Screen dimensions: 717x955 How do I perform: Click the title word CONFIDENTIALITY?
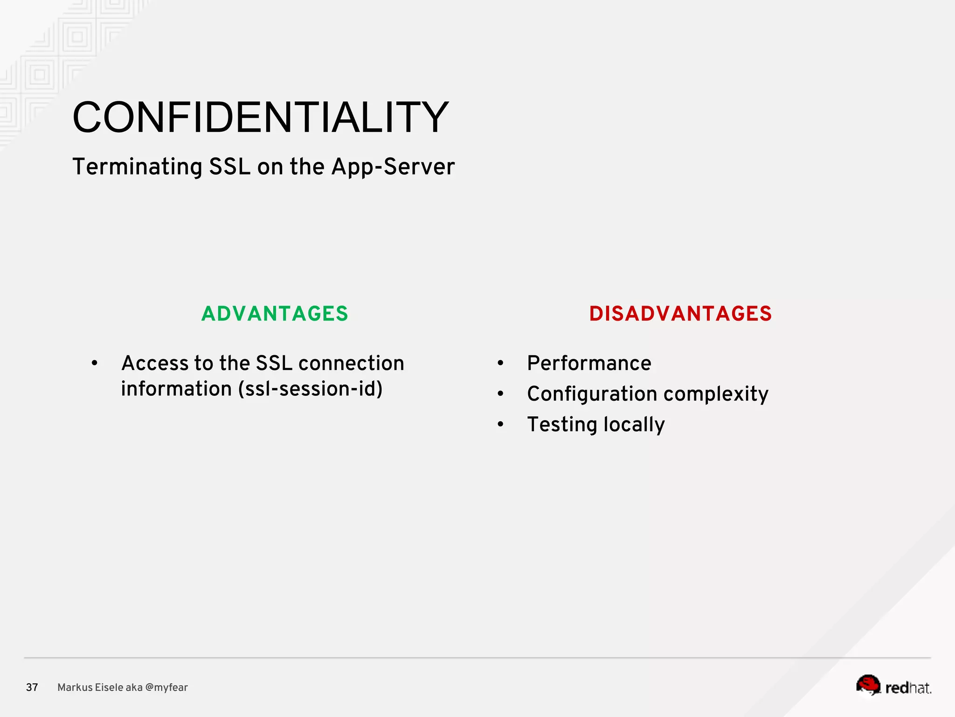[260, 117]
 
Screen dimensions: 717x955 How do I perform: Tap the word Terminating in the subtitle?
[137, 167]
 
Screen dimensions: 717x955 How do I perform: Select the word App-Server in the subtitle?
[393, 167]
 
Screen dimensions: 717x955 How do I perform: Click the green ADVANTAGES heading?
[275, 313]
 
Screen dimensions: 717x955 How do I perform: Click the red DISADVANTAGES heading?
[680, 313]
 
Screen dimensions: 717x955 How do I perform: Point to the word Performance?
[589, 363]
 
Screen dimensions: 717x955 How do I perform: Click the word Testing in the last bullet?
[562, 425]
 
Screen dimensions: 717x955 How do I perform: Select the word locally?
[634, 425]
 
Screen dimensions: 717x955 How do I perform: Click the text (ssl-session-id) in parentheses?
[310, 389]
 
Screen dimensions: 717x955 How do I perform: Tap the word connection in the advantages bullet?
[351, 363]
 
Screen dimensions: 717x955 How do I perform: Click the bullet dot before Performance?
[500, 363]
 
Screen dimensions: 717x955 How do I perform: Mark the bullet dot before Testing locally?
[500, 424]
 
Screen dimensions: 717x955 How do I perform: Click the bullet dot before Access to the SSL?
[95, 363]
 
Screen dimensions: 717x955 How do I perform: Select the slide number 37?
[32, 687]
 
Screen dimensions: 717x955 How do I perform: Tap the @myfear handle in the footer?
[166, 687]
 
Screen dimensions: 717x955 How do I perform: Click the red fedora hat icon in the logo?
[868, 684]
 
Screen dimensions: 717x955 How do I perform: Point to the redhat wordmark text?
[907, 688]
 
